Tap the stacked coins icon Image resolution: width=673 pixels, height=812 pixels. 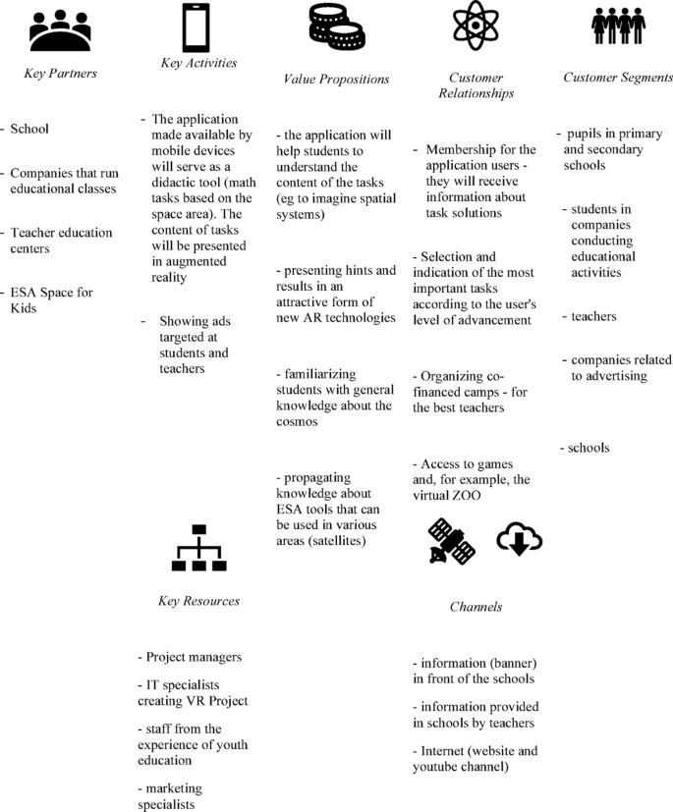(x=337, y=27)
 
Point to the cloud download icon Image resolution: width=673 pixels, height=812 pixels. (x=520, y=539)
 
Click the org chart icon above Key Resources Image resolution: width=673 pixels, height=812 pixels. (x=199, y=549)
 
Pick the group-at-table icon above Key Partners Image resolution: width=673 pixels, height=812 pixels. (x=60, y=31)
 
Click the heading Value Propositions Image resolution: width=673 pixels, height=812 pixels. (x=336, y=79)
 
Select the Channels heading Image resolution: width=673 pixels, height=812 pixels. (x=476, y=607)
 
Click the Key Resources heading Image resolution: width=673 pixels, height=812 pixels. (x=198, y=601)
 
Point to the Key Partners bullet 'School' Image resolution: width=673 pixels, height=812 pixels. (x=29, y=129)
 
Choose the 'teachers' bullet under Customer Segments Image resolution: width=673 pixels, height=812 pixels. (x=593, y=316)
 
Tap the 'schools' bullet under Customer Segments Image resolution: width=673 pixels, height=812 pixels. (x=589, y=448)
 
